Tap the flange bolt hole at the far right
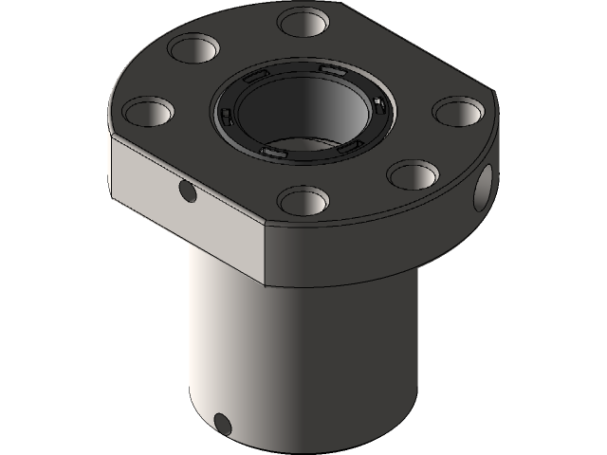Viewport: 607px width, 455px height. [458, 110]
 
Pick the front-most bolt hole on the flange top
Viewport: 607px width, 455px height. [303, 200]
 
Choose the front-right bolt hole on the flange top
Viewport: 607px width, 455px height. [411, 174]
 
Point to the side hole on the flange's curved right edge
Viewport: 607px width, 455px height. [487, 185]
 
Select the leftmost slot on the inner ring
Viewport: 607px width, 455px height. [227, 116]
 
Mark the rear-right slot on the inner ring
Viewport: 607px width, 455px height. [331, 71]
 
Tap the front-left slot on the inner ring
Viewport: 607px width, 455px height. [272, 152]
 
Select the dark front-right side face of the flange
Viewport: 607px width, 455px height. [379, 237]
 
